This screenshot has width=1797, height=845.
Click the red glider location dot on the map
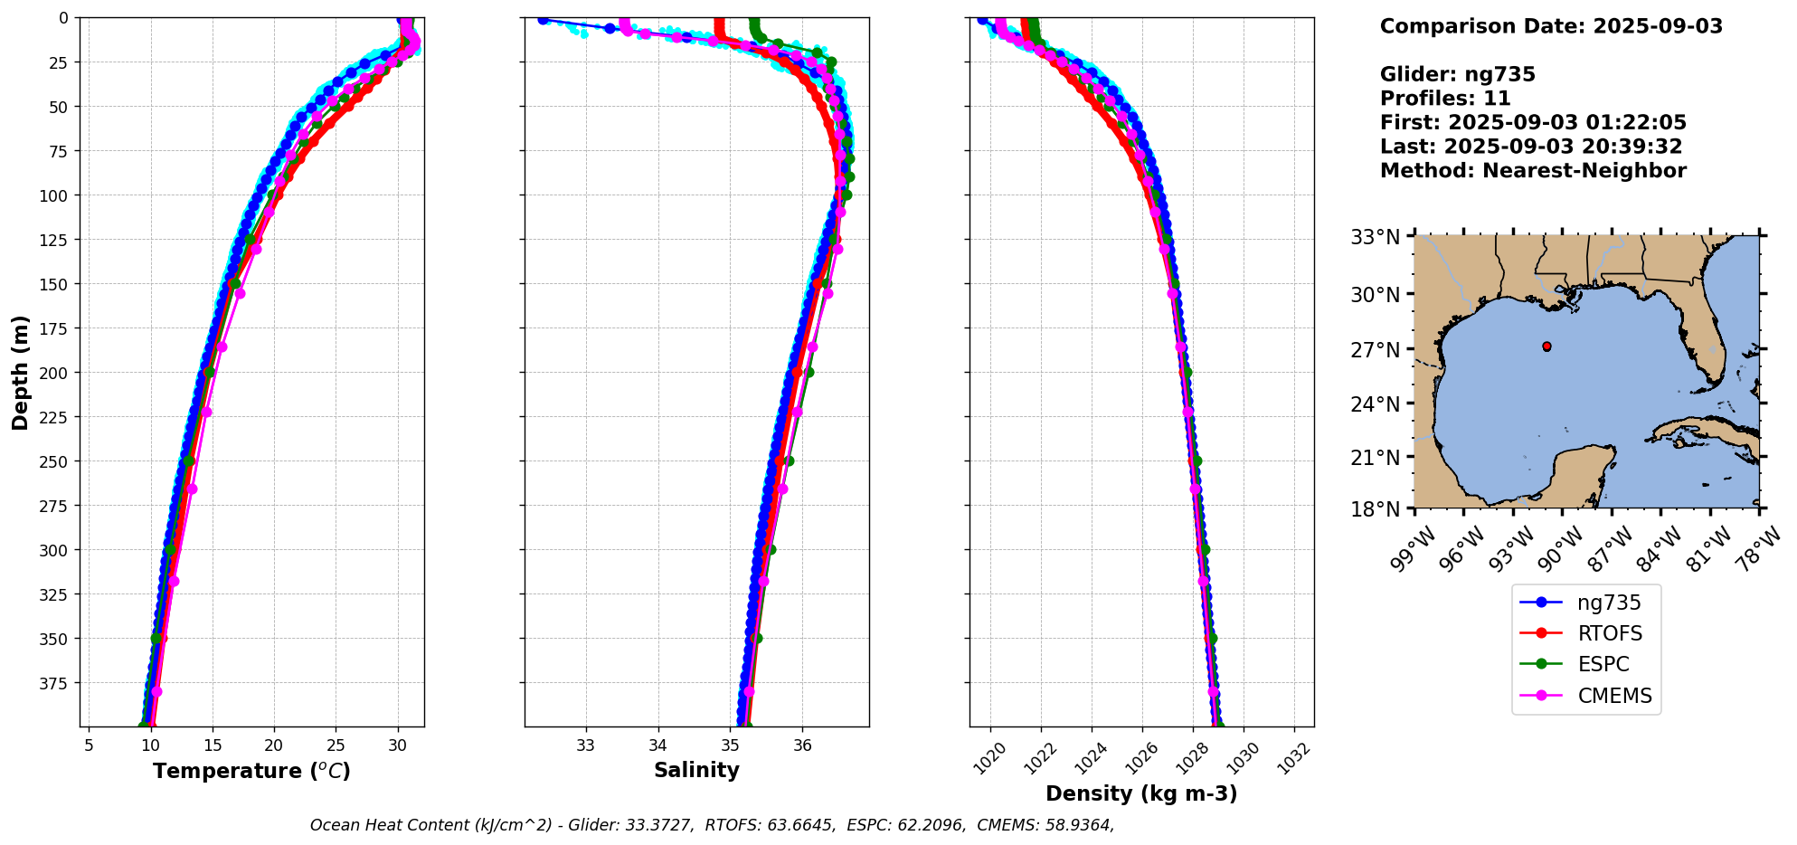pyautogui.click(x=1546, y=347)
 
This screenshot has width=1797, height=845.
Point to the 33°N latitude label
pyautogui.click(x=1375, y=237)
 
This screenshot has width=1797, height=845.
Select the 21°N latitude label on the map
pyautogui.click(x=1375, y=458)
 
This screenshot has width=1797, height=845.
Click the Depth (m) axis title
pyautogui.click(x=21, y=372)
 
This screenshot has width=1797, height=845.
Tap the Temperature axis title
pyautogui.click(x=251, y=771)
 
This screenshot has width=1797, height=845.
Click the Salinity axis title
pyautogui.click(x=696, y=770)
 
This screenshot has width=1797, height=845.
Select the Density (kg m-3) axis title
pyautogui.click(x=1141, y=793)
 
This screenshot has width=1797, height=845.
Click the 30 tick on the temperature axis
pyautogui.click(x=397, y=745)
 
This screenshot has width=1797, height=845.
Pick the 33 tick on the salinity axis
pyautogui.click(x=585, y=745)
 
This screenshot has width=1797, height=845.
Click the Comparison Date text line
pyautogui.click(x=1551, y=26)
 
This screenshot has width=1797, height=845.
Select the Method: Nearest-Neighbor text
pyautogui.click(x=1533, y=171)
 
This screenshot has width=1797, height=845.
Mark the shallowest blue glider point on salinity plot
pyautogui.click(x=543, y=19)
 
